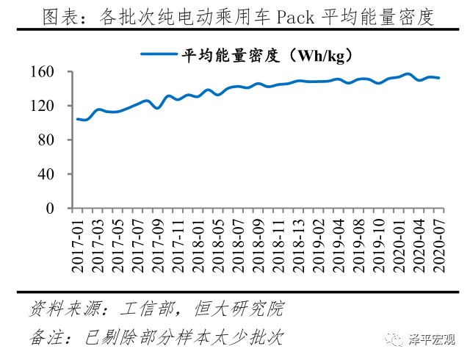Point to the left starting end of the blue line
point(77,119)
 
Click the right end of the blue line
point(439,78)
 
